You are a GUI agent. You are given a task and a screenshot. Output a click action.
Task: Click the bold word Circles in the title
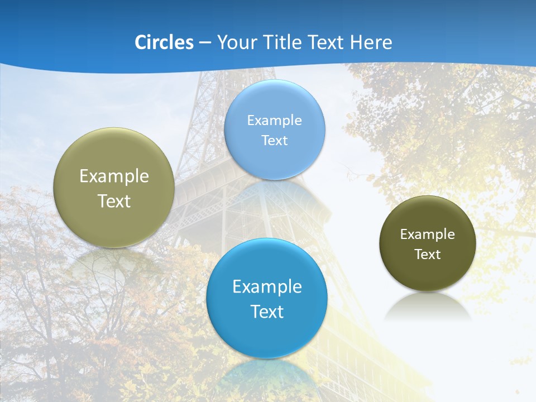[164, 42]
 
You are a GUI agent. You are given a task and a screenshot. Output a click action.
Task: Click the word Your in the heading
[236, 42]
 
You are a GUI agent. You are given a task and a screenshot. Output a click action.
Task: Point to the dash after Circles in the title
[205, 43]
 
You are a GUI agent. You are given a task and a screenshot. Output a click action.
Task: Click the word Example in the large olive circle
[114, 176]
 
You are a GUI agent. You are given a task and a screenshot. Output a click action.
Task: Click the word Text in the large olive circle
[114, 201]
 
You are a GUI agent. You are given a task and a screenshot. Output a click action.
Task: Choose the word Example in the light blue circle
[275, 120]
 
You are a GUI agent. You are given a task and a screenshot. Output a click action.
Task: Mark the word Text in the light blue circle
[275, 140]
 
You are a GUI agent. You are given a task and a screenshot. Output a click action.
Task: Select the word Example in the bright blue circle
[267, 286]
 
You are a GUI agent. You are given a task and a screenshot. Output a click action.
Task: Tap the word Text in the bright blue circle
[267, 312]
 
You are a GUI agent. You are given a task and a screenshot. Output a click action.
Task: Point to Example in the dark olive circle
[428, 234]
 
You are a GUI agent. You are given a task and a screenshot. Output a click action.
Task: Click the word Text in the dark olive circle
[428, 255]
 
